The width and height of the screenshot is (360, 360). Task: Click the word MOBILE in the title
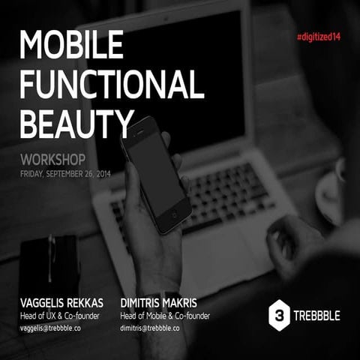tap(71, 46)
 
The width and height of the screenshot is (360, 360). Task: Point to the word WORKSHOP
tap(53, 160)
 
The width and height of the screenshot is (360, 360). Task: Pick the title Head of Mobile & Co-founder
tap(165, 316)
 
